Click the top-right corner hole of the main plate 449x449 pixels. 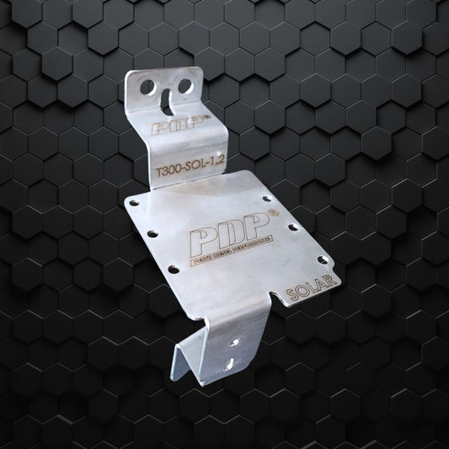268,200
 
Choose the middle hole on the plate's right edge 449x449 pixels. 291,227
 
